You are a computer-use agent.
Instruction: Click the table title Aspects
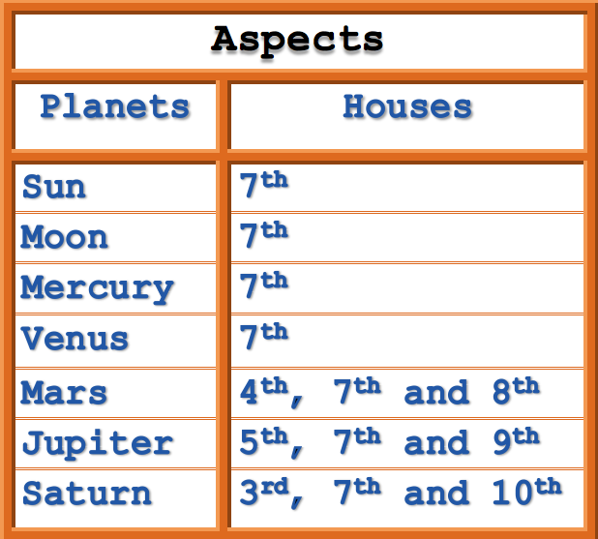click(x=297, y=41)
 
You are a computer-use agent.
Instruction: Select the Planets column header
click(x=114, y=106)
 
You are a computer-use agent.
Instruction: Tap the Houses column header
click(x=406, y=106)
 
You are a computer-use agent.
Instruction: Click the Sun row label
click(x=53, y=187)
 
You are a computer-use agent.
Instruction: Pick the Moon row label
click(x=64, y=237)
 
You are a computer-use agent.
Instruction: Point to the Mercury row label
click(x=97, y=288)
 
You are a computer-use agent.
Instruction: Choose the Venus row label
click(x=75, y=339)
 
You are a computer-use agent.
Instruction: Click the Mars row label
click(x=64, y=393)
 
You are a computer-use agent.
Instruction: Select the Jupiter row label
click(x=97, y=443)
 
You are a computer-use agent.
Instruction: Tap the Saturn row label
click(x=86, y=494)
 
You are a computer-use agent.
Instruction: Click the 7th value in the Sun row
click(x=263, y=184)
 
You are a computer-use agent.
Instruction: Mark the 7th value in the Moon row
click(x=263, y=234)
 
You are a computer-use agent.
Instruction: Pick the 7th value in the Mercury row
click(x=263, y=285)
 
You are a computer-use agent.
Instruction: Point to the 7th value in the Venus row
click(x=263, y=336)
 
